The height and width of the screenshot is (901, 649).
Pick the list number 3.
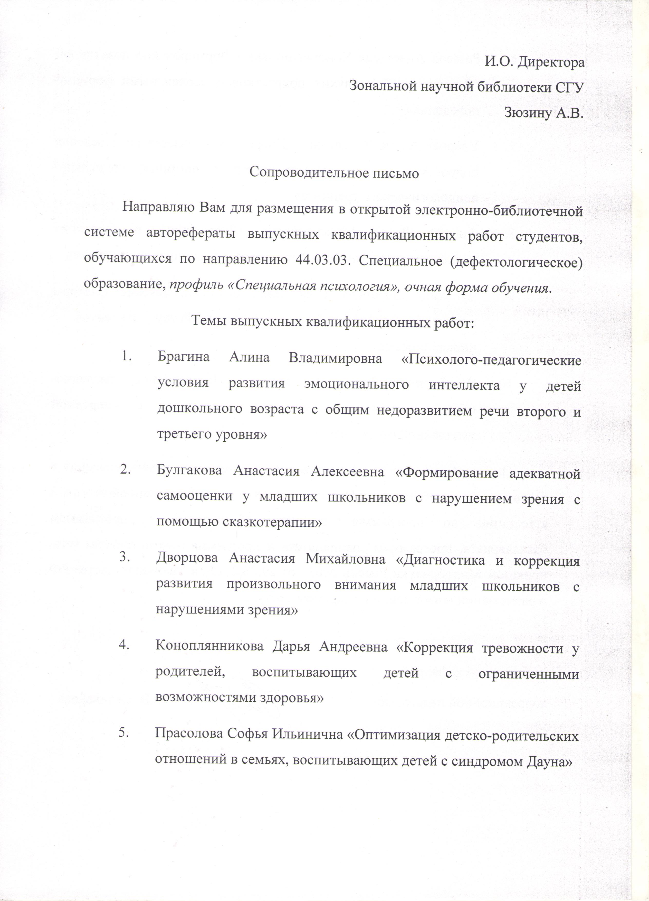tap(126, 557)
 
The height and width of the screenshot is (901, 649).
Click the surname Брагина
tap(183, 358)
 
